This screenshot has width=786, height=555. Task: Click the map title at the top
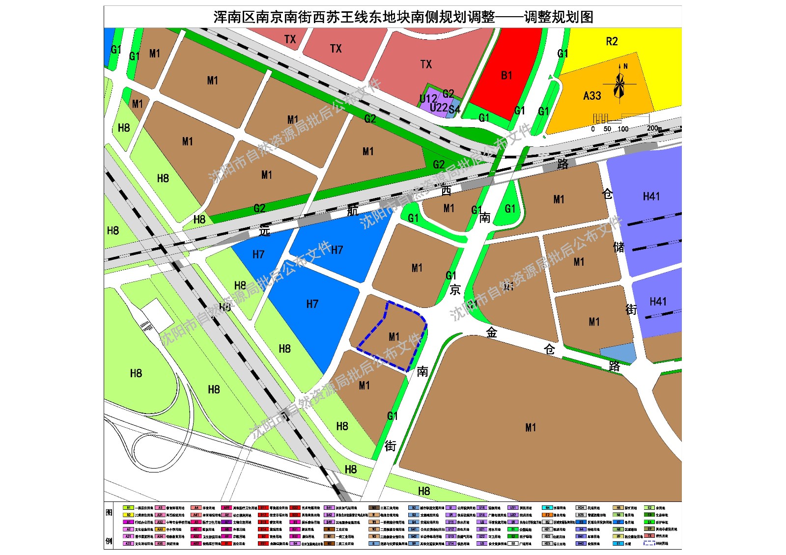[403, 17]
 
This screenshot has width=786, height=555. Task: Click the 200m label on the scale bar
[654, 128]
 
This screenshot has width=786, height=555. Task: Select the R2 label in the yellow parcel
[612, 42]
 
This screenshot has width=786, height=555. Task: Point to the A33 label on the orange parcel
[592, 96]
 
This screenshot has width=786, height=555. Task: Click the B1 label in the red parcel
[506, 76]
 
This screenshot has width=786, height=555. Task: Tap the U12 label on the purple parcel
[428, 98]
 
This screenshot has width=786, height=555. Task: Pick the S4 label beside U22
[454, 109]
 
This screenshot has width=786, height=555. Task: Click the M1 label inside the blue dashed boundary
[394, 337]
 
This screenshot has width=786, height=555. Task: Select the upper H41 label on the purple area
[651, 196]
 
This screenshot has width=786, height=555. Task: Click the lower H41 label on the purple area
[658, 302]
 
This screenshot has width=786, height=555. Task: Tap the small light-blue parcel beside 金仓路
[618, 352]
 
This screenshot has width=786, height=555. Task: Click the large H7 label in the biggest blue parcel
[312, 304]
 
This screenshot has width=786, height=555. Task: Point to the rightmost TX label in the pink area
[426, 64]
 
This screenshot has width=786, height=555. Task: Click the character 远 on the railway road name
[265, 231]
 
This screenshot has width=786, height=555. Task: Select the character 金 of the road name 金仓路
[492, 333]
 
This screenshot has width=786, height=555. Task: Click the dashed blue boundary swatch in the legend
[649, 543]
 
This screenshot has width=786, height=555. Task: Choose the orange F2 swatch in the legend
[547, 515]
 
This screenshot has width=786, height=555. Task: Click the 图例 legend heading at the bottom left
[109, 526]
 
